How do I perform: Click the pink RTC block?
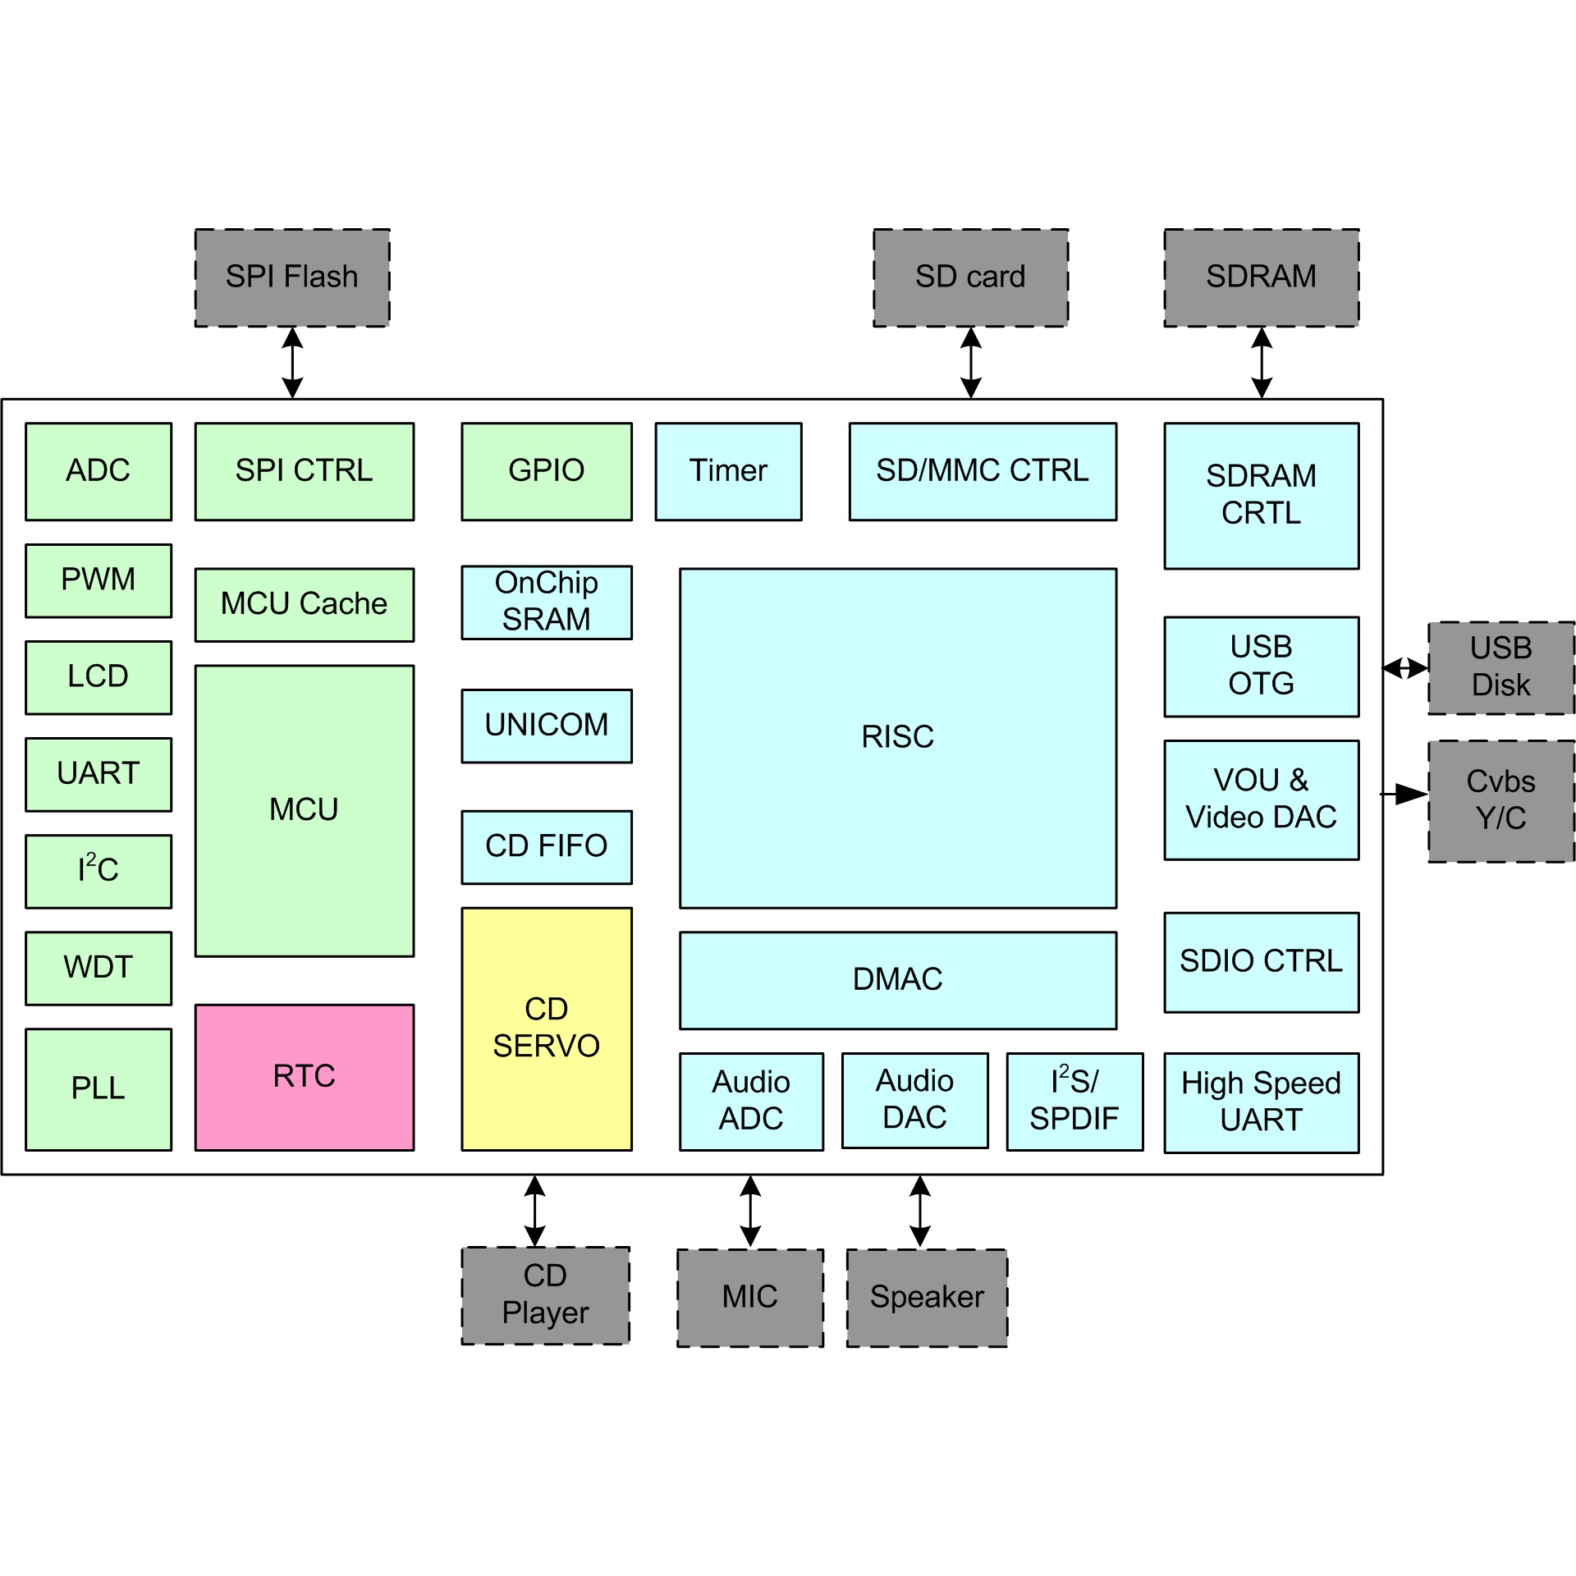click(x=304, y=1077)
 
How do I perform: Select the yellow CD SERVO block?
click(x=547, y=1029)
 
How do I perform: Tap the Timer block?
click(x=728, y=471)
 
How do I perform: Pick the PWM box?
click(x=98, y=580)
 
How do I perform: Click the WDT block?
click(x=98, y=968)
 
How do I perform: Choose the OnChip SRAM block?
click(x=547, y=602)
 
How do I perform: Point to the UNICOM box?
click(x=547, y=726)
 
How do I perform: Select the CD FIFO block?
click(x=547, y=847)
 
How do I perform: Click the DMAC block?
click(x=898, y=980)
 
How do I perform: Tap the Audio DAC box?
click(x=914, y=1100)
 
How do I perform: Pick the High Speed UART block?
click(x=1261, y=1102)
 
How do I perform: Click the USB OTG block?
click(x=1261, y=667)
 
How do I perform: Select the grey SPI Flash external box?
click(x=292, y=277)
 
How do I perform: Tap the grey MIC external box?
click(x=750, y=1298)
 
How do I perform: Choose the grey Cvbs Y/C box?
click(x=1501, y=801)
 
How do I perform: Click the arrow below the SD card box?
click(x=971, y=363)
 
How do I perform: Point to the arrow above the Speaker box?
click(x=920, y=1212)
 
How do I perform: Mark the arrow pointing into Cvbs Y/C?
click(x=1405, y=794)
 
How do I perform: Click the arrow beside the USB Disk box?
click(x=1405, y=668)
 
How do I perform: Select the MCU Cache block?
click(x=304, y=605)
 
